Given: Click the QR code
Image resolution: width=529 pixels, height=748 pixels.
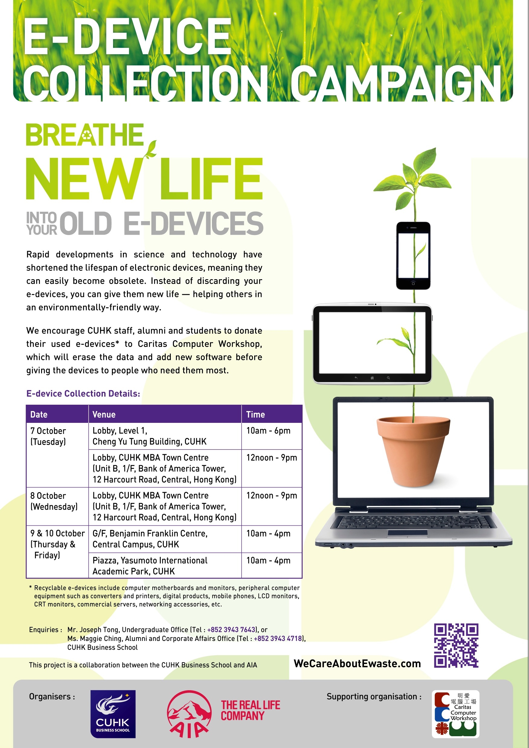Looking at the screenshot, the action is tap(456, 646).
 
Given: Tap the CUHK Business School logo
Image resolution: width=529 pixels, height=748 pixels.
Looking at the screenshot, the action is tap(113, 714).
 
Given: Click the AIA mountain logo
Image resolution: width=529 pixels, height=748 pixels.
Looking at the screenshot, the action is tap(189, 714).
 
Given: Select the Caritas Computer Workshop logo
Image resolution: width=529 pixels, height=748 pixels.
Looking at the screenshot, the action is tap(455, 714).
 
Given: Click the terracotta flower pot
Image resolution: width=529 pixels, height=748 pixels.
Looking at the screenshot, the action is tap(413, 451).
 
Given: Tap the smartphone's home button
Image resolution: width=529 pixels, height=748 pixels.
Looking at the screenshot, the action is tap(413, 283).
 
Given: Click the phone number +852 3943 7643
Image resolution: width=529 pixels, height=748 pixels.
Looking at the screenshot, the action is tap(231, 630).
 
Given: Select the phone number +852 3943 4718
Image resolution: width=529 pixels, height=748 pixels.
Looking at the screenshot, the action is tap(278, 639).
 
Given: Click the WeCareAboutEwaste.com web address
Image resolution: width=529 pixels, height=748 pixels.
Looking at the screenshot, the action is tap(357, 664).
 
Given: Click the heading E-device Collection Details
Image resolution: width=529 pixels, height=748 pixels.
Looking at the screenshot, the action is tap(83, 394).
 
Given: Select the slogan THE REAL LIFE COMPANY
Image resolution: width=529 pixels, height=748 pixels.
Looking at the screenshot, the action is tap(250, 710).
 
